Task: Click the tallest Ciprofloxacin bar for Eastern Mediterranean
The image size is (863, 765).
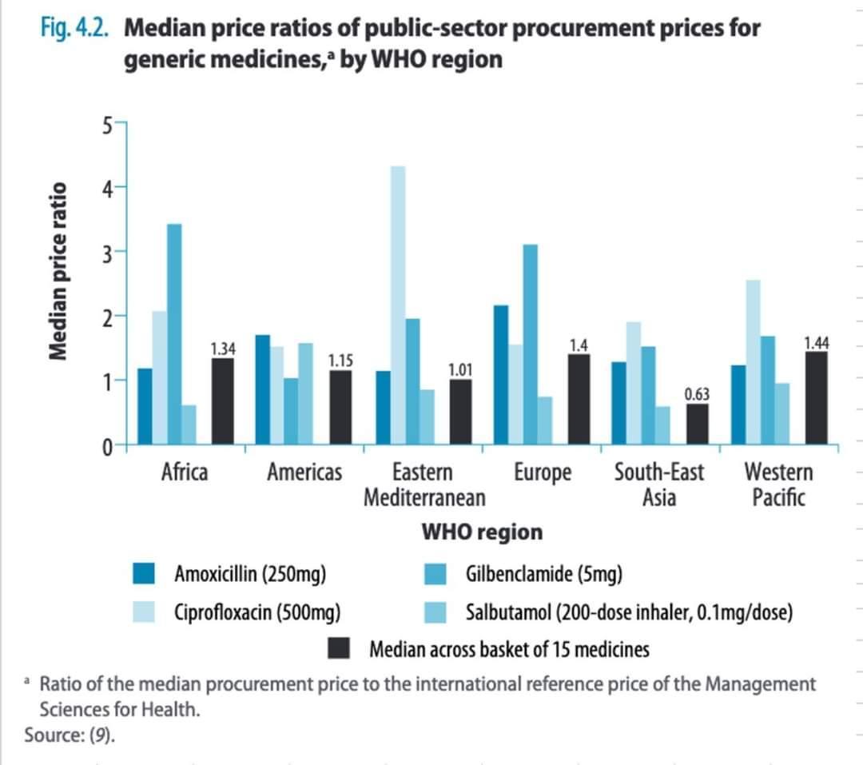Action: click(397, 305)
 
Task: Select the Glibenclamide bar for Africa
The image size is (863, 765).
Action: click(173, 334)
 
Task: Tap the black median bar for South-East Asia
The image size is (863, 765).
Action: click(697, 424)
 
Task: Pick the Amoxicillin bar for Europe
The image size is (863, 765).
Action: click(501, 374)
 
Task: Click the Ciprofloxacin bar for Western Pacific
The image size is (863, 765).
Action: click(752, 361)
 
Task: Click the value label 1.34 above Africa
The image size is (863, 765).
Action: click(222, 348)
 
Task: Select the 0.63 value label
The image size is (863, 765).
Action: click(697, 394)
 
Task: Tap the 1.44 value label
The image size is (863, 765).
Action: click(816, 343)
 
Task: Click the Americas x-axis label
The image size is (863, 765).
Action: click(304, 472)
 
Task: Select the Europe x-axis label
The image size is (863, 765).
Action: click(543, 472)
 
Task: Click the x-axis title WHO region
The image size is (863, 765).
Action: click(481, 532)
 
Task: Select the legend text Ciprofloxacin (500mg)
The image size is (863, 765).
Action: click(258, 613)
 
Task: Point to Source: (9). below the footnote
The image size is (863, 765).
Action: click(70, 735)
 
